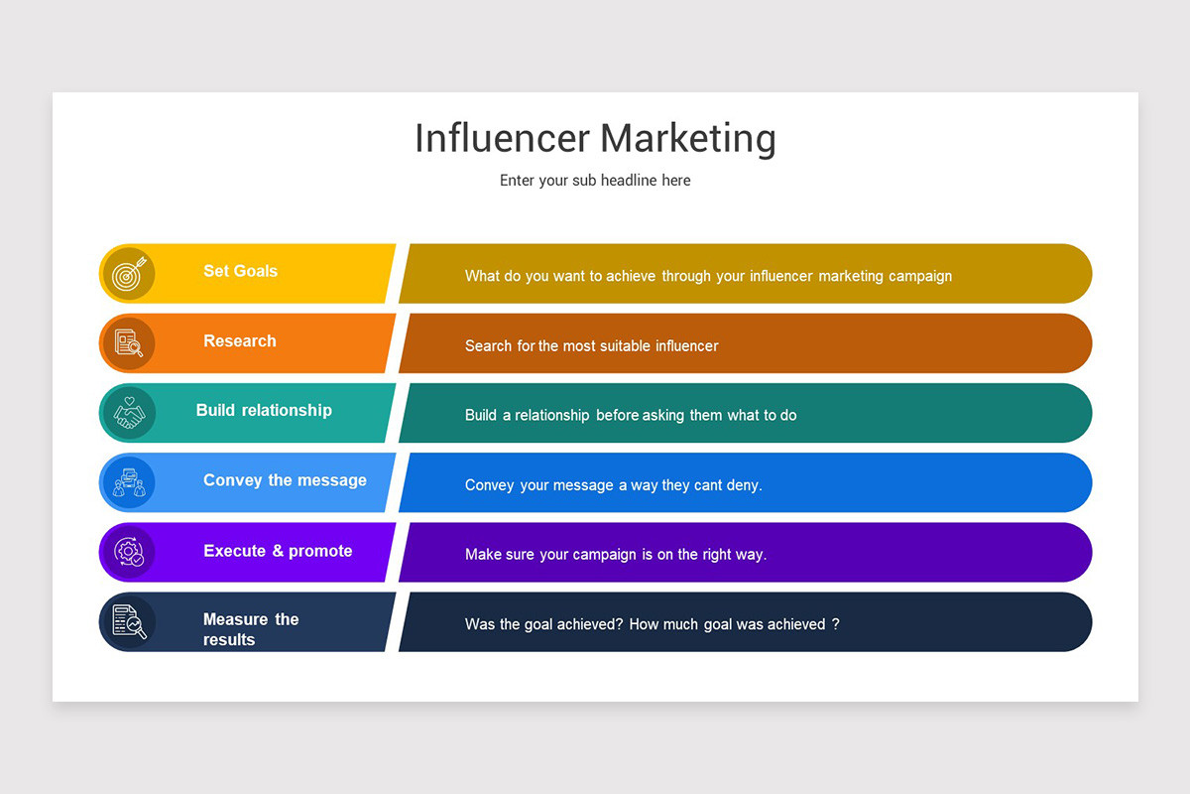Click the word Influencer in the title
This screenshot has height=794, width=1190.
pyautogui.click(x=502, y=138)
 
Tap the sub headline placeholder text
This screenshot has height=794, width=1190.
pyautogui.click(x=595, y=181)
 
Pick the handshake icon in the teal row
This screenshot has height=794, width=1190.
pyautogui.click(x=129, y=413)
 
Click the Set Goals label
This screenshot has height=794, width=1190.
pyautogui.click(x=240, y=271)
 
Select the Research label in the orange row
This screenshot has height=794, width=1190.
pyautogui.click(x=240, y=340)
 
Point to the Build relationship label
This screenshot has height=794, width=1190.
pyautogui.click(x=264, y=410)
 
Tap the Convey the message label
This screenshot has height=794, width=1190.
pyautogui.click(x=285, y=480)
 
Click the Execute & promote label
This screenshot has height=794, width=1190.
pyautogui.click(x=278, y=551)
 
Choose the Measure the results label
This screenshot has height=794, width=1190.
pyautogui.click(x=250, y=629)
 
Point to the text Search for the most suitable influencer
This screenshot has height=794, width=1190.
pyautogui.click(x=591, y=346)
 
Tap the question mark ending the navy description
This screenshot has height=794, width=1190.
pyautogui.click(x=836, y=624)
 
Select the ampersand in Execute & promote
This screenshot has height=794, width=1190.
pyautogui.click(x=277, y=551)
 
